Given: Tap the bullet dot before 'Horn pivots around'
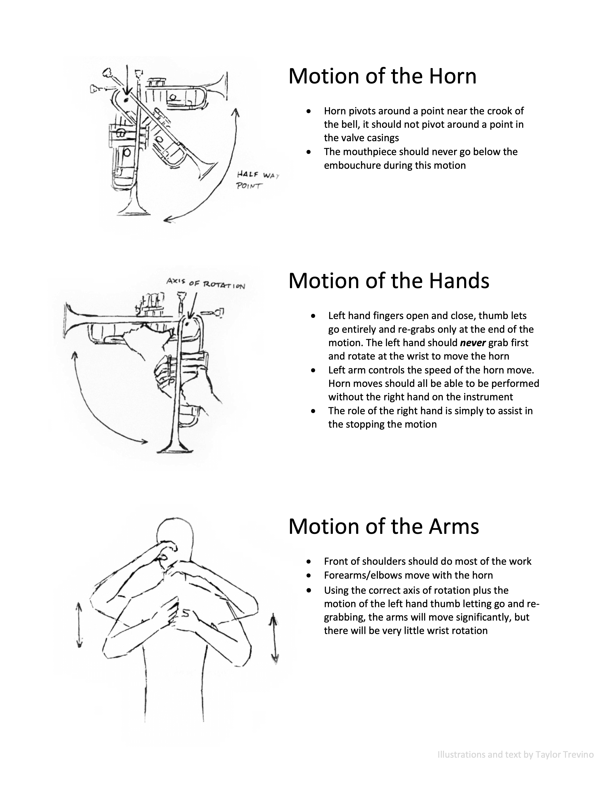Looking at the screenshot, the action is pos(309,111).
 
